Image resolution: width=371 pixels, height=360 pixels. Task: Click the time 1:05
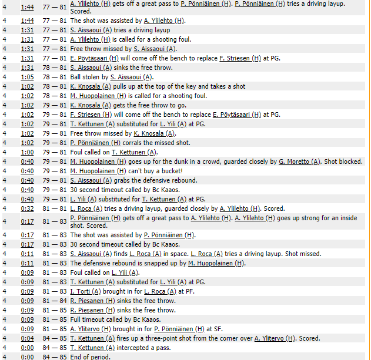[27, 77]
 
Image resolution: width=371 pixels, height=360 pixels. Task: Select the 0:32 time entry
[27, 208]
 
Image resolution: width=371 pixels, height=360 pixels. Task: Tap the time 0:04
[27, 338]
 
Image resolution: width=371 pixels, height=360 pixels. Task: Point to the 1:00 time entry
[27, 152]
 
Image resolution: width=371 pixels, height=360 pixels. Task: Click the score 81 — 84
[56, 301]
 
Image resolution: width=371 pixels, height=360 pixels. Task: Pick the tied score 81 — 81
[56, 208]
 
